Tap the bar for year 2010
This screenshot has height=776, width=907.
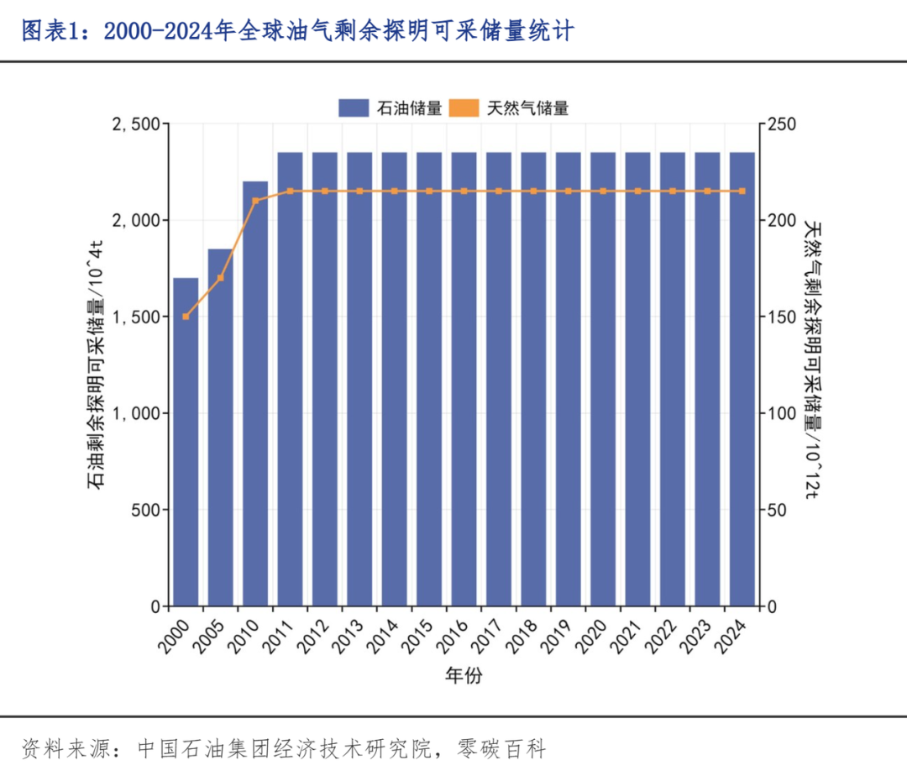[255, 395]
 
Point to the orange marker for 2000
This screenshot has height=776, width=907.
[186, 317]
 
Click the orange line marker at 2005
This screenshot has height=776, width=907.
[221, 278]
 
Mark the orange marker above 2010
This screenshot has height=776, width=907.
[255, 201]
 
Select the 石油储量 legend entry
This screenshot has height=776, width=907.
[391, 107]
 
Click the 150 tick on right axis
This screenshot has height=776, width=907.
[782, 317]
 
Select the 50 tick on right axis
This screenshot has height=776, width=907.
[778, 510]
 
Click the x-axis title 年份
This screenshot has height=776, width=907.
[464, 674]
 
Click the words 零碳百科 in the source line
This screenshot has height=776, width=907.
[502, 747]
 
